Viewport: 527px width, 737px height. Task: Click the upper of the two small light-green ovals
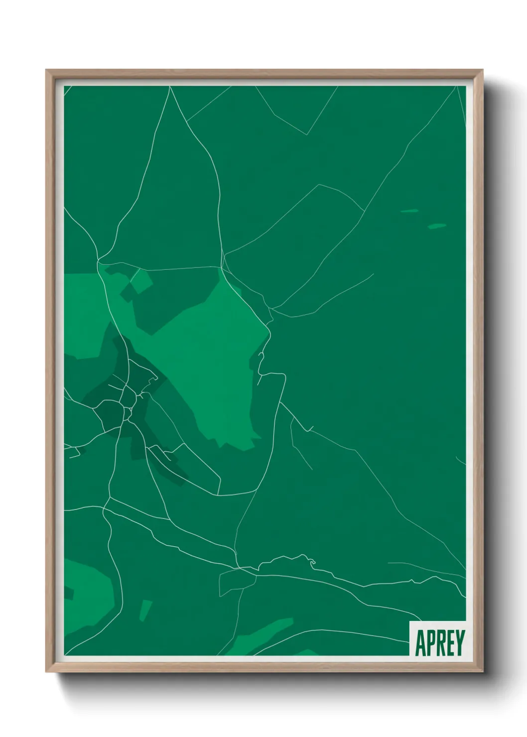click(x=409, y=211)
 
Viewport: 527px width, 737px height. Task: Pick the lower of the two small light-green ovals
click(x=437, y=226)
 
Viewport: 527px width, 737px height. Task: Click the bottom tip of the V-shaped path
click(x=308, y=134)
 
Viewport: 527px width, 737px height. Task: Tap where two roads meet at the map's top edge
click(x=170, y=87)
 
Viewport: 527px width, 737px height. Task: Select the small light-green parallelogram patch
click(x=145, y=610)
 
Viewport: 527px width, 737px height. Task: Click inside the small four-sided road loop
click(x=237, y=581)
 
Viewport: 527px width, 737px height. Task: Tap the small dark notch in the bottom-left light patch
click(x=69, y=594)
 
